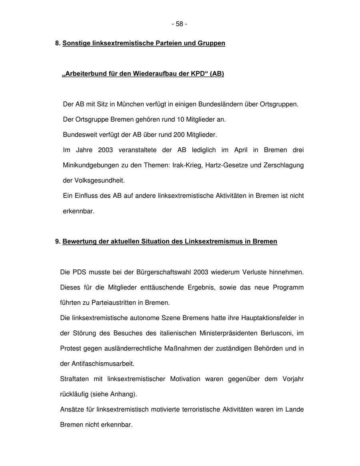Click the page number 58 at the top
(x=180, y=24)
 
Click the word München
(x=130, y=104)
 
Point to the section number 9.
(x=58, y=241)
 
